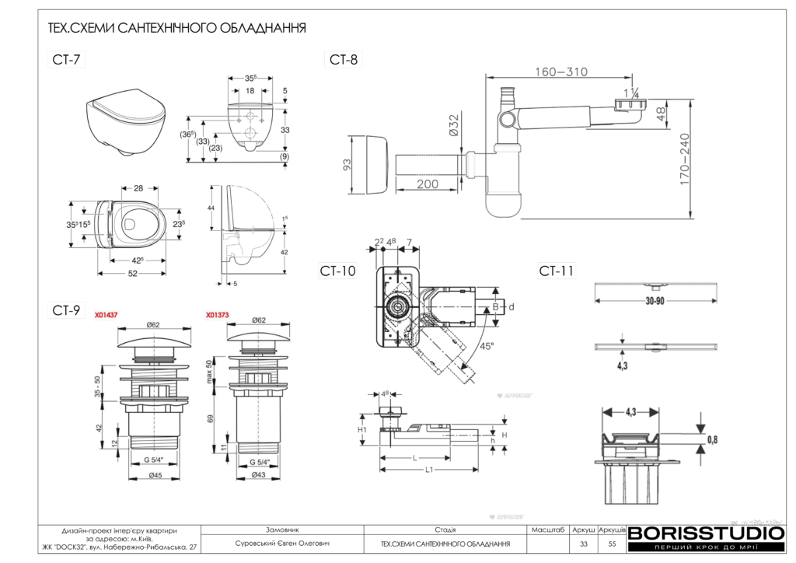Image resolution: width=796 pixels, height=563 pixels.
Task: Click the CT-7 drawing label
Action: (67, 61)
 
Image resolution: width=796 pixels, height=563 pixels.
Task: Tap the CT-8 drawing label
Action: (344, 60)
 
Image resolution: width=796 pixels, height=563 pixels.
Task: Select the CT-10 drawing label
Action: (338, 271)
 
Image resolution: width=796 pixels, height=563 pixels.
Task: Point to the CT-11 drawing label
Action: (557, 271)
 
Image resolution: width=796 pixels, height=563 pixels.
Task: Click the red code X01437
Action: (106, 316)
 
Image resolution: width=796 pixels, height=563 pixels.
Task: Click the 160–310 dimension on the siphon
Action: (560, 72)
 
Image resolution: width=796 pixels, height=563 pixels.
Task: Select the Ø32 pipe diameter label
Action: (453, 127)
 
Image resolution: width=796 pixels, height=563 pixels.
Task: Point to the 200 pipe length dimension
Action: (427, 184)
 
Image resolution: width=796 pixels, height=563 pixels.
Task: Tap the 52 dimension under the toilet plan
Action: (132, 274)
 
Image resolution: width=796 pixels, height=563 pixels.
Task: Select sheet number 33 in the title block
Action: (583, 544)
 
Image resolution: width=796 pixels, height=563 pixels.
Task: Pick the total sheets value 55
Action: (612, 544)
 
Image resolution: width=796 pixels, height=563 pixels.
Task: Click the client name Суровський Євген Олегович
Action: (278, 544)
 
